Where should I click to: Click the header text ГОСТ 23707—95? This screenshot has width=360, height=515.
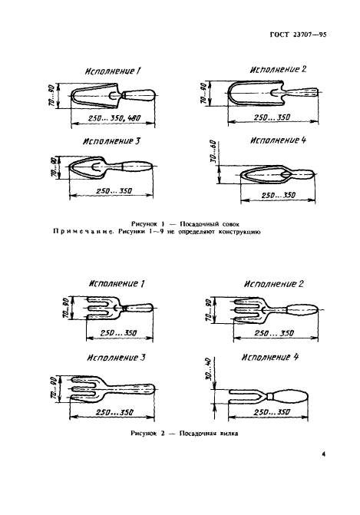click(298, 35)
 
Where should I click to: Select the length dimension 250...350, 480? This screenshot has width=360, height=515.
click(114, 118)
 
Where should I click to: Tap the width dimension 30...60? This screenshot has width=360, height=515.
click(213, 153)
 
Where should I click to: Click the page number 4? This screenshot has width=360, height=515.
click(324, 454)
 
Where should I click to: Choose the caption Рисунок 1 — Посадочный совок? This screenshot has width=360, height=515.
click(185, 224)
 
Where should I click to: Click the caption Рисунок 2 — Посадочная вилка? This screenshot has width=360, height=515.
click(184, 434)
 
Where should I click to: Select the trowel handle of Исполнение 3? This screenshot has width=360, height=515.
click(136, 167)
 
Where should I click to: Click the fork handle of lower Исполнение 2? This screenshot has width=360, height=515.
click(302, 310)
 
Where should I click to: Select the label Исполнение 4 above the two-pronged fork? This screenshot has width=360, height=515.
click(270, 357)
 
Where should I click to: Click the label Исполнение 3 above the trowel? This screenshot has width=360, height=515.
click(111, 141)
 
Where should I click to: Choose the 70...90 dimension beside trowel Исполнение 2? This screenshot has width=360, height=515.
click(203, 94)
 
